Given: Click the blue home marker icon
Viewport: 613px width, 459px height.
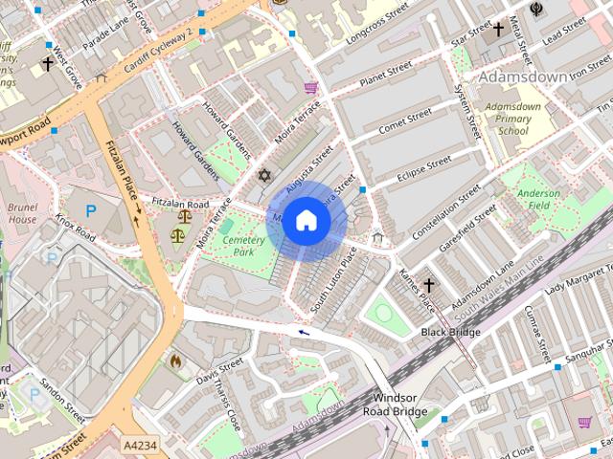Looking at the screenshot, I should [306, 221].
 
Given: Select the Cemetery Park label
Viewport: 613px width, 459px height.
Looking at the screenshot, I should [237, 246].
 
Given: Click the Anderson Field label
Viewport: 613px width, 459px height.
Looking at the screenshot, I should [538, 198].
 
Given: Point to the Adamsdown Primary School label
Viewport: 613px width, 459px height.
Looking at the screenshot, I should [512, 119].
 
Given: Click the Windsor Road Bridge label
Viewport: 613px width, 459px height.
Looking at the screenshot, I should [396, 404].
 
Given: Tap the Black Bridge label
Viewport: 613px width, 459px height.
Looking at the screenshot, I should [450, 332].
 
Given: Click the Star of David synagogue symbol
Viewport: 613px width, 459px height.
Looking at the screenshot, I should [265, 176].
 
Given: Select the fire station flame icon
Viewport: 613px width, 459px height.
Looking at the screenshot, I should [175, 361].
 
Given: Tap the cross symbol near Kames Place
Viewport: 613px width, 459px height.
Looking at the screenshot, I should [429, 285].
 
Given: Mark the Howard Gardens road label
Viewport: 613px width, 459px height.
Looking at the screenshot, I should [196, 141].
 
